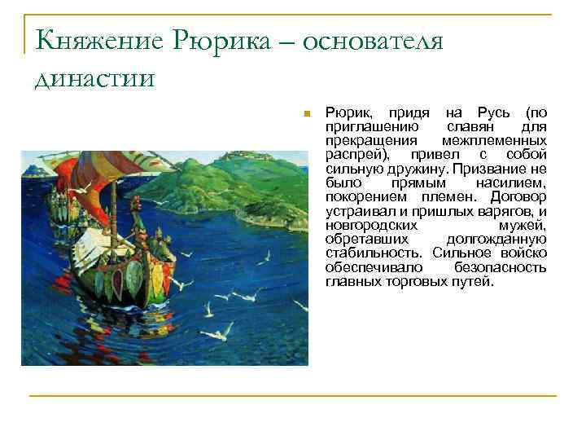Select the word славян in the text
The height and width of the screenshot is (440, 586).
coord(470,127)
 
